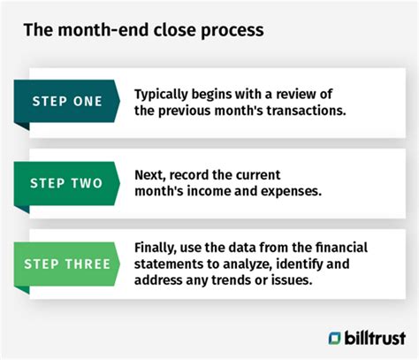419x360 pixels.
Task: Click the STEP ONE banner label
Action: pyautogui.click(x=67, y=101)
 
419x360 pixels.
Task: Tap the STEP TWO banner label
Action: pyautogui.click(x=66, y=183)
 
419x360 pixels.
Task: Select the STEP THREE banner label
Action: pyautogui.click(x=67, y=264)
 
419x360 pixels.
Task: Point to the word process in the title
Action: pyautogui.click(x=232, y=31)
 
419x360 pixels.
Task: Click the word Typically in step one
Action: pyautogui.click(x=161, y=95)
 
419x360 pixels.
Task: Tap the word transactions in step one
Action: pyautogui.click(x=307, y=111)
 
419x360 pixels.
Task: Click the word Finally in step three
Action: pyautogui.click(x=156, y=248)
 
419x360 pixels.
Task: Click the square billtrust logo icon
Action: pyautogui.click(x=334, y=338)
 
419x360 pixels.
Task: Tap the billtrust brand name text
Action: pyautogui.click(x=375, y=338)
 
